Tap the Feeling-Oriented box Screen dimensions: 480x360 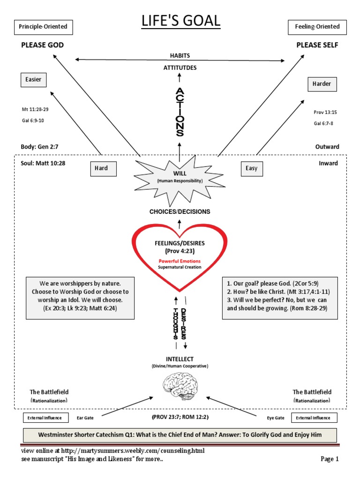point(317,27)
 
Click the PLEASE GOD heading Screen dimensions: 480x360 point(42,45)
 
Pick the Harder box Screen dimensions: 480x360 point(322,84)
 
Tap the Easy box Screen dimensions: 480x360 point(251,168)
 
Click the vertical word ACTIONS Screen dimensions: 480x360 point(180,112)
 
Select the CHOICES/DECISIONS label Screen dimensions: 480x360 point(180,211)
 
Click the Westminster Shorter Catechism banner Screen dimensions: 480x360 point(180,435)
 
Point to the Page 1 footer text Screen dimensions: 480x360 point(330,459)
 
